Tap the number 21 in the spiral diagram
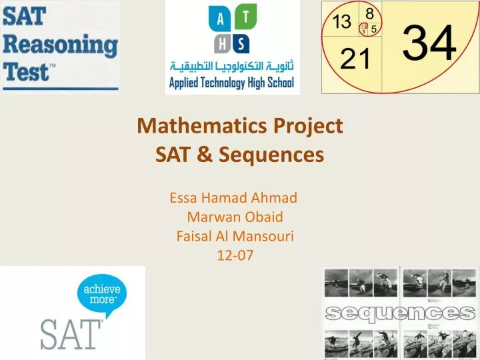coord(355,61)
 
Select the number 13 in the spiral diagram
coord(342,22)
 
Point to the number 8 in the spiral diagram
coord(369,12)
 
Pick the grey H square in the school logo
coord(221,44)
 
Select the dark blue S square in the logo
coord(241,45)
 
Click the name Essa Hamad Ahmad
coord(233,197)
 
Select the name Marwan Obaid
coord(235,216)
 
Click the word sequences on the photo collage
coord(400,313)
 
